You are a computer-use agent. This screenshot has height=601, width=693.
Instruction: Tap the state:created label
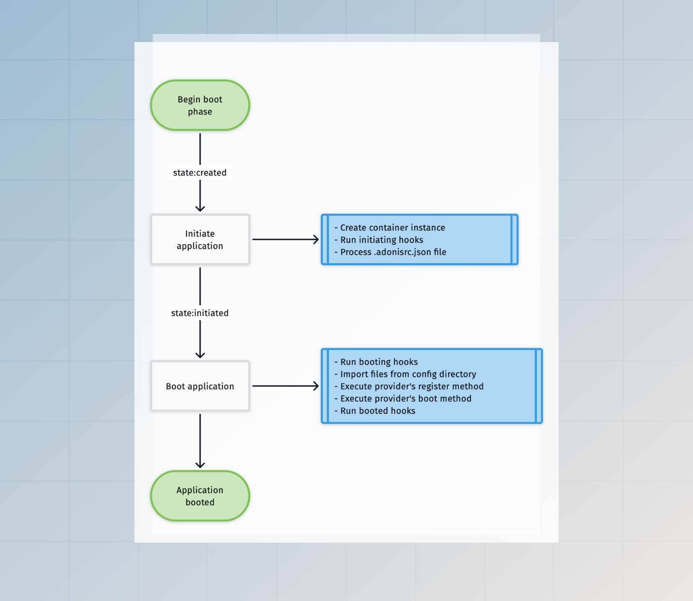tap(200, 173)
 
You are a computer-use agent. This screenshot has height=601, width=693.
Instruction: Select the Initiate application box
tap(200, 240)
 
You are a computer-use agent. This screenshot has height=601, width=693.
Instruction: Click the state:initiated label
tap(200, 313)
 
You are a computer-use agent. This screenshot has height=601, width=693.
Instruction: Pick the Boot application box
tap(200, 386)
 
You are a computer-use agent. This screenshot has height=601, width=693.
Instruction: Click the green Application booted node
tap(200, 496)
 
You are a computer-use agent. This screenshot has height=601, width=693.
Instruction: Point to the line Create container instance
tap(392, 228)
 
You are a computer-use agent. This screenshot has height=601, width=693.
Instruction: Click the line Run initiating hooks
tap(382, 240)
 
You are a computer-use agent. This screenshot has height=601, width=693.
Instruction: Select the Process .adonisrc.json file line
tap(393, 252)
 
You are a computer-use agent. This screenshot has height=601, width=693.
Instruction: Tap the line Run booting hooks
tap(379, 362)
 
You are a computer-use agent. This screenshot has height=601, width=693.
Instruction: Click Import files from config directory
tap(408, 374)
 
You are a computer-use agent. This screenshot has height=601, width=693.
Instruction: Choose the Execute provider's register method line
tap(412, 386)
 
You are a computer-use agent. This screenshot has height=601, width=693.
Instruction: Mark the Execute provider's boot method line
tap(406, 398)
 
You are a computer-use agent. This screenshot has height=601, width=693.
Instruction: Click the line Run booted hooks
tap(377, 411)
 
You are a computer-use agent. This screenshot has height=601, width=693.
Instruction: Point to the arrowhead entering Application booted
tap(200, 465)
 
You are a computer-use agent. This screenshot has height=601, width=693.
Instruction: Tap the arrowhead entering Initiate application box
tap(200, 209)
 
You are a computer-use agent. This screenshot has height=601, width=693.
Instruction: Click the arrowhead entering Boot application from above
tap(200, 355)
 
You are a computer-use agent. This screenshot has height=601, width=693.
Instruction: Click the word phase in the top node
tap(200, 112)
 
